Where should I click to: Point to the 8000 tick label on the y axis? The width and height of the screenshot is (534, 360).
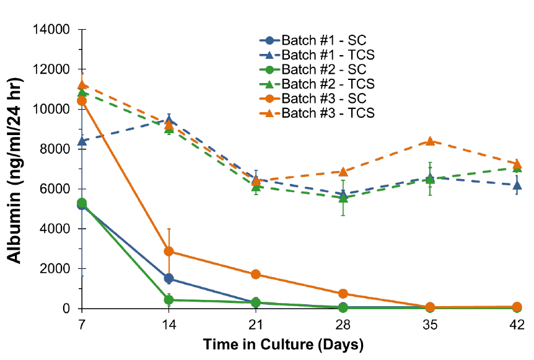pos(56,149)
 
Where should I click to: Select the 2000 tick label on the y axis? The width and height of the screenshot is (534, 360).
pos(56,268)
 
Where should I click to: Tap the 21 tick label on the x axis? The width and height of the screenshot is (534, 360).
pos(256,325)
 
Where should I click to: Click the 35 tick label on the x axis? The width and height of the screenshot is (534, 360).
pos(430,325)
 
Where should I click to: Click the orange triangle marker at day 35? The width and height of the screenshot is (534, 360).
pos(430,141)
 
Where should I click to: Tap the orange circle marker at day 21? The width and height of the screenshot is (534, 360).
pos(256,274)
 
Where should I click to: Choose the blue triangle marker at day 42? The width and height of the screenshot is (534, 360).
pos(517,185)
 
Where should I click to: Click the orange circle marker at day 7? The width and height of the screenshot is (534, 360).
pos(82,100)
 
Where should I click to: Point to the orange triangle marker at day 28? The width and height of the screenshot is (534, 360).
pos(343,171)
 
